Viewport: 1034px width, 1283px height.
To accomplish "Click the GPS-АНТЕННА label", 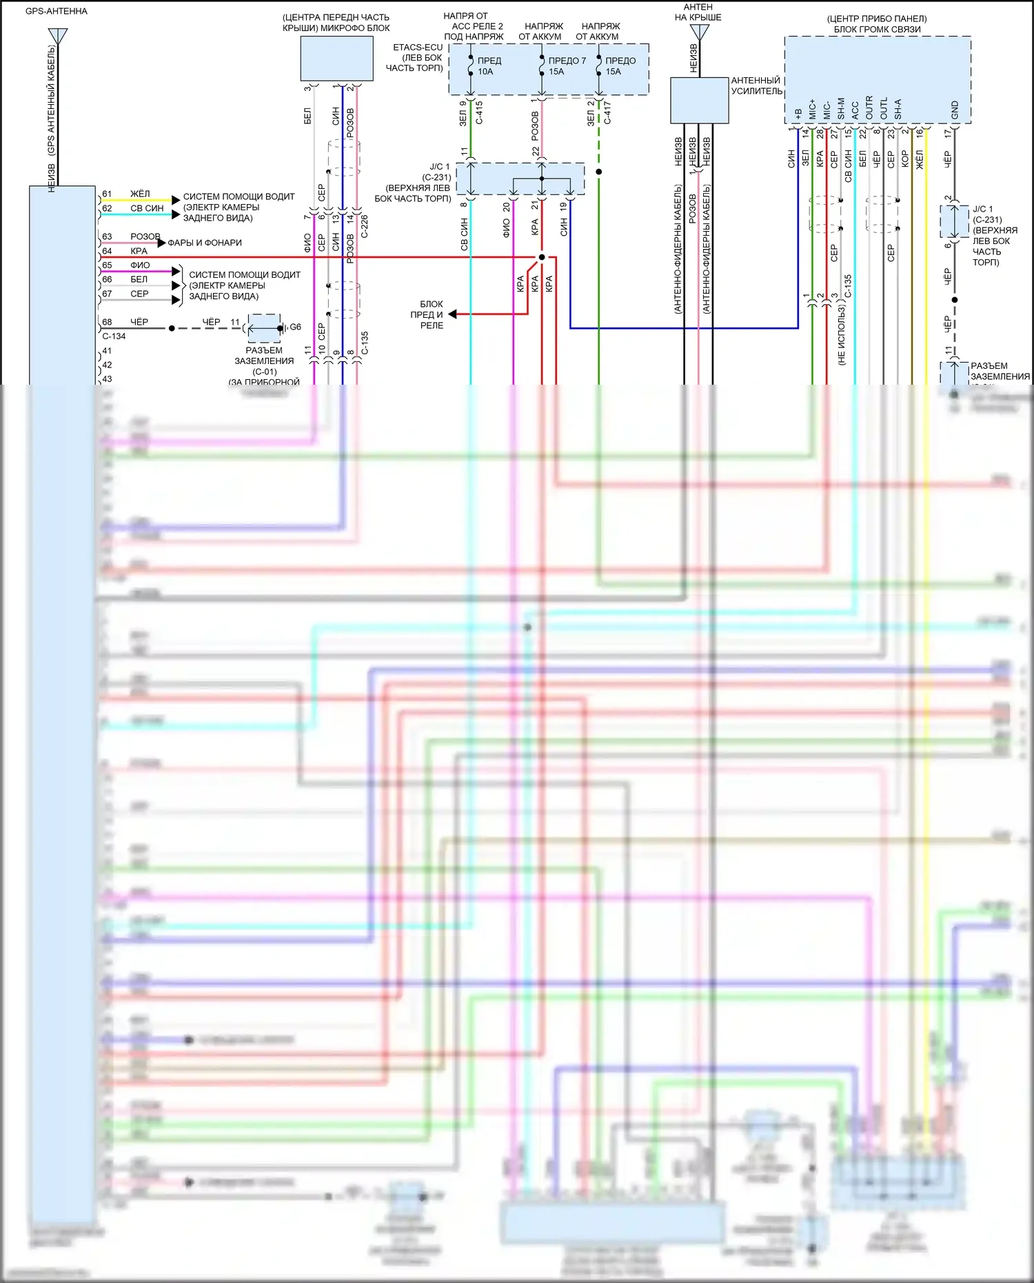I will pyautogui.click(x=57, y=12).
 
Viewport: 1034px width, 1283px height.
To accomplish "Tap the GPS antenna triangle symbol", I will pyautogui.click(x=58, y=35).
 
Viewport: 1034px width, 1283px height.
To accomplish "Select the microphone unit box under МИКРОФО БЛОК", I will pyautogui.click(x=336, y=59).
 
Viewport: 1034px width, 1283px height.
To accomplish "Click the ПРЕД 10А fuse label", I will pyautogui.click(x=489, y=66).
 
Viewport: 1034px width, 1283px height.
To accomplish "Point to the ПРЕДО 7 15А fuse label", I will pyautogui.click(x=567, y=66).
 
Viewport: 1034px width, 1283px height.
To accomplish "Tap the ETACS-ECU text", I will pyautogui.click(x=418, y=48).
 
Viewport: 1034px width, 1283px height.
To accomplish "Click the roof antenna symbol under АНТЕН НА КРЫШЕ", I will pyautogui.click(x=700, y=32).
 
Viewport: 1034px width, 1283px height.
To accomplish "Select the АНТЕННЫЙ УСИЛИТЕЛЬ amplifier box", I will pyautogui.click(x=699, y=101).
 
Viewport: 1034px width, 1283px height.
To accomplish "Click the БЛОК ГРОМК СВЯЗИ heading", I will pyautogui.click(x=877, y=30).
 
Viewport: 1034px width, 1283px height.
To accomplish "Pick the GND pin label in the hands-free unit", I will pyautogui.click(x=955, y=109).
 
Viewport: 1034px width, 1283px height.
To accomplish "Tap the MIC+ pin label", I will pyautogui.click(x=812, y=108).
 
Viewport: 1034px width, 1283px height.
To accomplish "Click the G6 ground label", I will pyautogui.click(x=295, y=327).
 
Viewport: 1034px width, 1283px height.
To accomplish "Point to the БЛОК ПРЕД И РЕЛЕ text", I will pyautogui.click(x=432, y=314).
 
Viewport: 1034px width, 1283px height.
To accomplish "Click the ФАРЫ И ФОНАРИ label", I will pyautogui.click(x=205, y=243).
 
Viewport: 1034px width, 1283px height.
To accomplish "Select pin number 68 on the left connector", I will pyautogui.click(x=107, y=322).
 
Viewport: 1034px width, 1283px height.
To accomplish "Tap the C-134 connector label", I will pyautogui.click(x=114, y=336).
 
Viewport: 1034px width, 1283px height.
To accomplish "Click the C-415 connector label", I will pyautogui.click(x=479, y=112).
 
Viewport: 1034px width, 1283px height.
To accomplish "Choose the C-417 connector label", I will pyautogui.click(x=607, y=112).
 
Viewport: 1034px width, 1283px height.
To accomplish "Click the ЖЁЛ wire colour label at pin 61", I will pyautogui.click(x=140, y=194).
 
